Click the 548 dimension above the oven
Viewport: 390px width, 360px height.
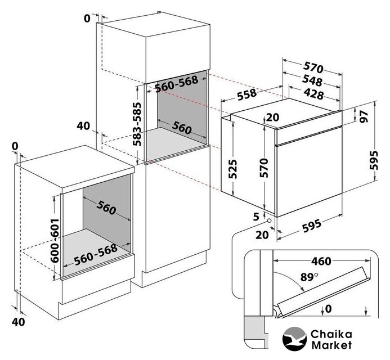311,80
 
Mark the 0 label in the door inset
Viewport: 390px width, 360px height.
329,308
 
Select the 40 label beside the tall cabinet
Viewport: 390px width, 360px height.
83,126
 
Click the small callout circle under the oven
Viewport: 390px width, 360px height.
270,220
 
